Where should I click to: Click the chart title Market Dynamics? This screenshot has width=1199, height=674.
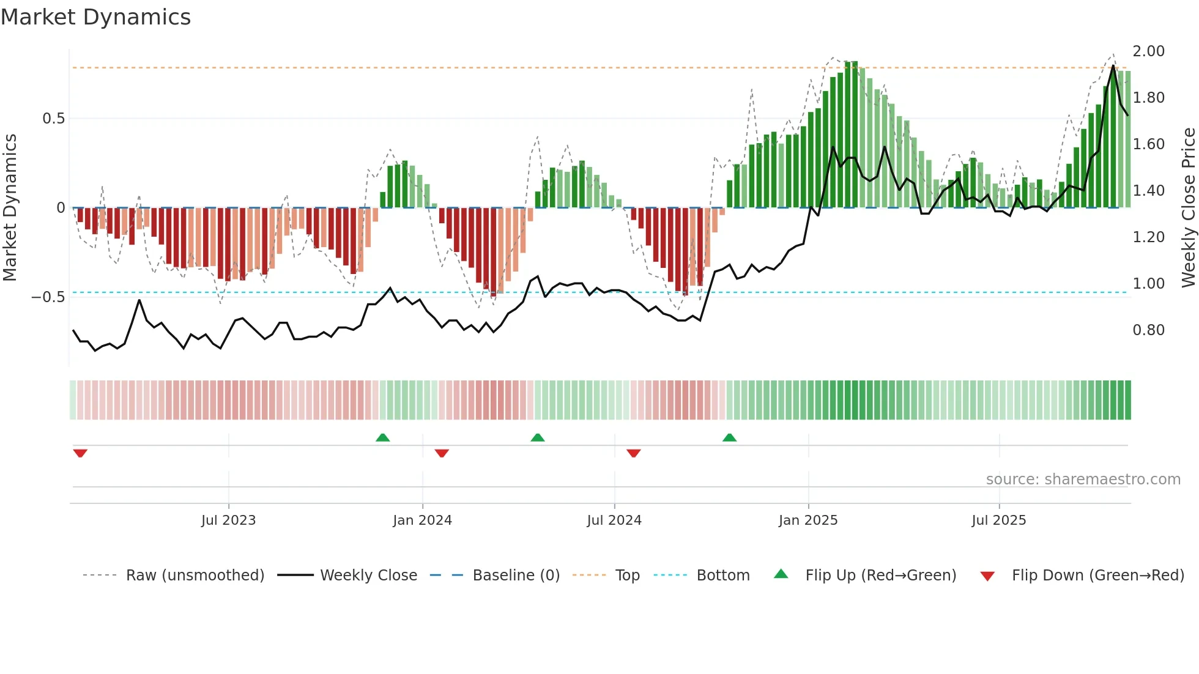pyautogui.click(x=95, y=17)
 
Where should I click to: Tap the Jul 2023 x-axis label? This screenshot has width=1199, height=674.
pyautogui.click(x=228, y=520)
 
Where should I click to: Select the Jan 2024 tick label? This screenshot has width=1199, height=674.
pyautogui.click(x=422, y=520)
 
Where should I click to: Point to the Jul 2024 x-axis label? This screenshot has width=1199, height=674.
pyautogui.click(x=614, y=520)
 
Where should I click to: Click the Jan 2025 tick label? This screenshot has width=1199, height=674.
pyautogui.click(x=808, y=520)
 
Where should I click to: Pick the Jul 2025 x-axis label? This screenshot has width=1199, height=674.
pyautogui.click(x=999, y=520)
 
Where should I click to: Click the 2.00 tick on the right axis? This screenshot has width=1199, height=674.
pyautogui.click(x=1148, y=51)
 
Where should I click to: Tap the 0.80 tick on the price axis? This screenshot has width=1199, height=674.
pyautogui.click(x=1148, y=330)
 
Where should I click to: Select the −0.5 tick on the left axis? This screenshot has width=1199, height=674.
pyautogui.click(x=48, y=297)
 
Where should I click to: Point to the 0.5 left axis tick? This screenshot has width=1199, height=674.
pyautogui.click(x=53, y=119)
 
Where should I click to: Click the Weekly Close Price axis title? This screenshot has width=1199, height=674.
pyautogui.click(x=1188, y=208)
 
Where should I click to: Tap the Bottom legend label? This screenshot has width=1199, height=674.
pyautogui.click(x=722, y=576)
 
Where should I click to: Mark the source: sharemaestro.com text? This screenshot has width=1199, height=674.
pyautogui.click(x=1083, y=480)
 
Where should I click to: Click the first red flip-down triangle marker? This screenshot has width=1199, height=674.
pyautogui.click(x=80, y=453)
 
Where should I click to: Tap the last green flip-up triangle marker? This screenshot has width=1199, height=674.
pyautogui.click(x=729, y=437)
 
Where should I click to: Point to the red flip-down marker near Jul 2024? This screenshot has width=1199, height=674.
pyautogui.click(x=634, y=453)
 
